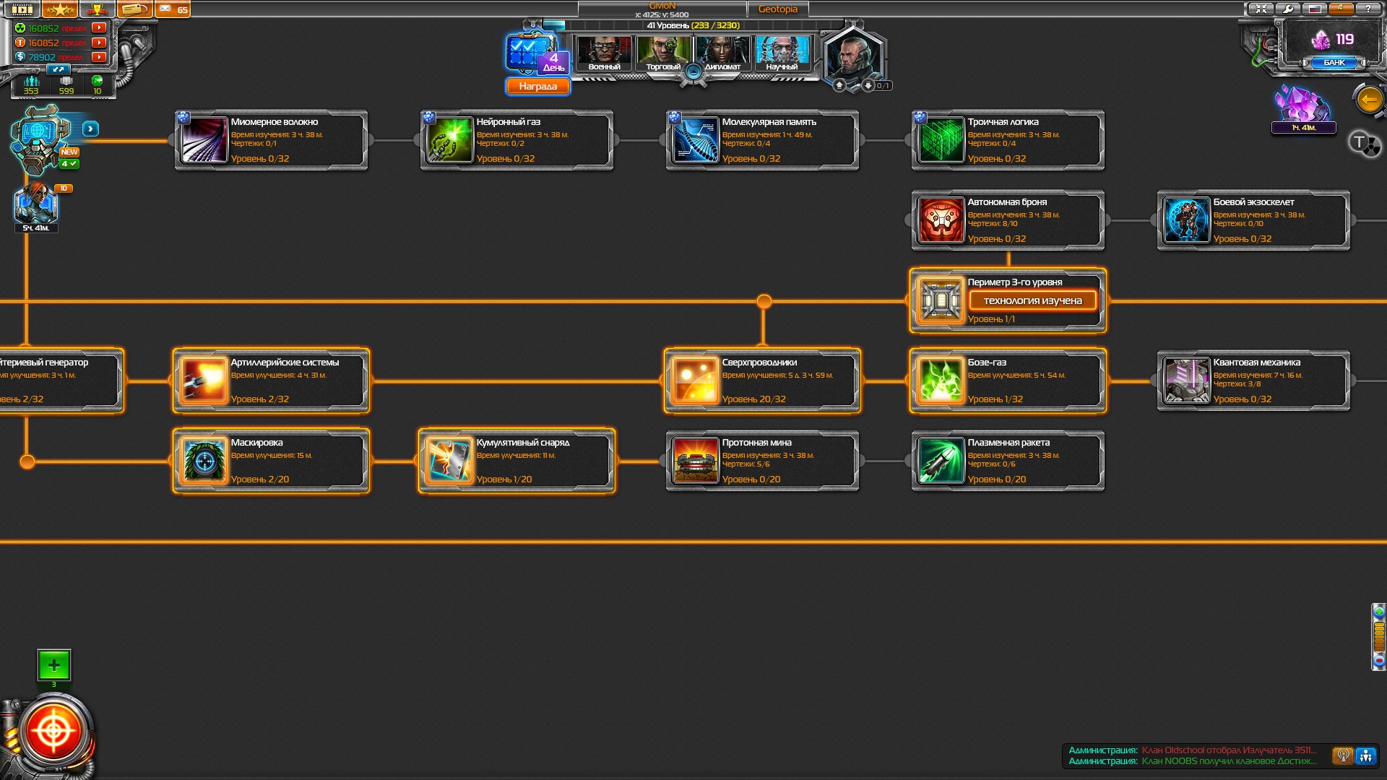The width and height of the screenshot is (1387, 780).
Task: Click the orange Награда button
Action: click(x=537, y=87)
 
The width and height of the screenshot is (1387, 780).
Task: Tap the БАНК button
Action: click(x=1334, y=63)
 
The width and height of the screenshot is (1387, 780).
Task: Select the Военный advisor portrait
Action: click(x=604, y=53)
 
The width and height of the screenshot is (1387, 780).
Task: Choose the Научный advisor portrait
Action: click(x=782, y=53)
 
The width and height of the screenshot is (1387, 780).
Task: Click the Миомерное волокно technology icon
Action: click(x=204, y=140)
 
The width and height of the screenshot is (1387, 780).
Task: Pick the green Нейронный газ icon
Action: click(x=449, y=140)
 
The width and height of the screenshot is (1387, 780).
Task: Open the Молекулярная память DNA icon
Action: click(x=695, y=140)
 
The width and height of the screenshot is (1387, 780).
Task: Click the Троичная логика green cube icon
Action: click(x=941, y=140)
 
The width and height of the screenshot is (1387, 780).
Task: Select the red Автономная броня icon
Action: click(x=941, y=220)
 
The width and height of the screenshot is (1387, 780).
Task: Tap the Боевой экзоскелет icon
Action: click(x=1186, y=220)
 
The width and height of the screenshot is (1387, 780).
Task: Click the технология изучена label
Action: click(x=1032, y=300)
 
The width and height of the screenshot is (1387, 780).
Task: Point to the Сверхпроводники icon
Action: click(x=695, y=381)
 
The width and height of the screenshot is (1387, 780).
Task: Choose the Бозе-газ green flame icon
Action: click(x=941, y=381)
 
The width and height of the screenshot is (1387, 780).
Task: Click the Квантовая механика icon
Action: click(x=1186, y=381)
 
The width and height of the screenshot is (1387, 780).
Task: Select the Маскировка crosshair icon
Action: click(x=204, y=461)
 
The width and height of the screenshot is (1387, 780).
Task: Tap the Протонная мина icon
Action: click(x=695, y=461)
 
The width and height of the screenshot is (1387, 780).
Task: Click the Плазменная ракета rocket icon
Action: click(x=941, y=461)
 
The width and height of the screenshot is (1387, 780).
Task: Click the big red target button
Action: click(x=53, y=732)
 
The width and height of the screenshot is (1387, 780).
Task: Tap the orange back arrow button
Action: click(x=1369, y=100)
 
